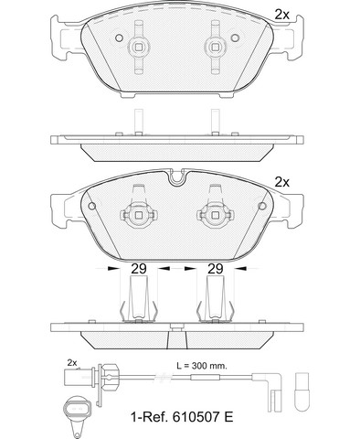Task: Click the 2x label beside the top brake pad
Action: tap(281, 15)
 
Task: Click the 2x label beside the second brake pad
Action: tap(281, 182)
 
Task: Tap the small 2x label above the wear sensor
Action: tap(72, 363)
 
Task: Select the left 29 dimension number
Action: tap(139, 269)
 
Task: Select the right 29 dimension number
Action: tap(216, 269)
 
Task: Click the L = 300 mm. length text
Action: tap(202, 366)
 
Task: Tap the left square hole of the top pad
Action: tap(139, 47)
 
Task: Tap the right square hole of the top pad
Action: tap(216, 47)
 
